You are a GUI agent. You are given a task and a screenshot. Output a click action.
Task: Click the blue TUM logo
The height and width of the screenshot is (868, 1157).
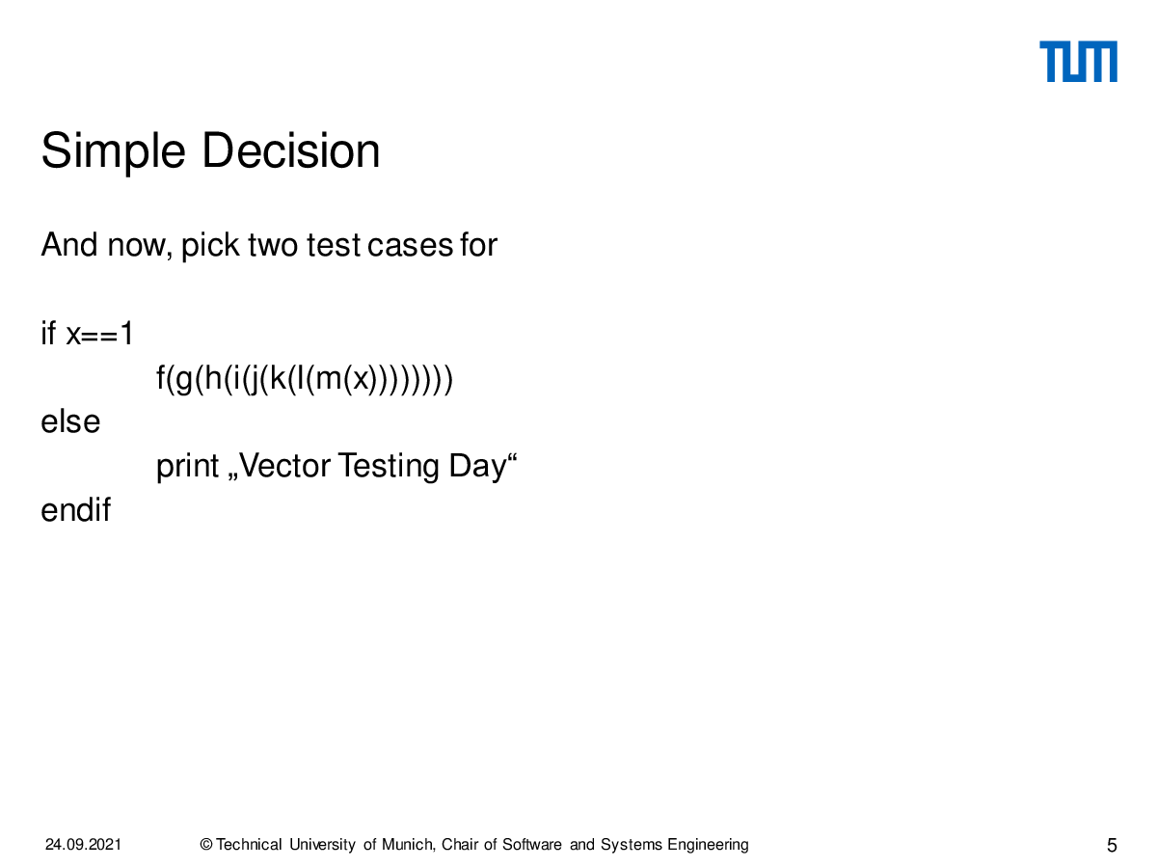pyautogui.click(x=1078, y=62)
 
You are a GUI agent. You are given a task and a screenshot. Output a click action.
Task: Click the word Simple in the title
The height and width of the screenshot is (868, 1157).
pyautogui.click(x=114, y=152)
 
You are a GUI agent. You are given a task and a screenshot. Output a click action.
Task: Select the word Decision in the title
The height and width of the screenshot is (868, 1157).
pyautogui.click(x=291, y=150)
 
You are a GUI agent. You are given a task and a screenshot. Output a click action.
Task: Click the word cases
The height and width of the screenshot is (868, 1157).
pyautogui.click(x=410, y=246)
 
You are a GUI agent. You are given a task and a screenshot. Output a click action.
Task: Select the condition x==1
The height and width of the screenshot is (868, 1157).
pyautogui.click(x=99, y=334)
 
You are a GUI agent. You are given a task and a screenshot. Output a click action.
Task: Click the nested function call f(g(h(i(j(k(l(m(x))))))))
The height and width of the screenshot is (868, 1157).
pyautogui.click(x=304, y=379)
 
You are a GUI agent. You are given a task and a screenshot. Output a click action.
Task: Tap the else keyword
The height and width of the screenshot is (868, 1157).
pyautogui.click(x=70, y=421)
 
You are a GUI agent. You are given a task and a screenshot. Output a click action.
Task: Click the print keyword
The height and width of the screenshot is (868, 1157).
pyautogui.click(x=188, y=467)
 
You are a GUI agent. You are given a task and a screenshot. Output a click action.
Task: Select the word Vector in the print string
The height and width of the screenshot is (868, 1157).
pyautogui.click(x=285, y=466)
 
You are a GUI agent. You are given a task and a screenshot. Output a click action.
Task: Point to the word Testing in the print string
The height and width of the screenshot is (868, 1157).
pyautogui.click(x=389, y=467)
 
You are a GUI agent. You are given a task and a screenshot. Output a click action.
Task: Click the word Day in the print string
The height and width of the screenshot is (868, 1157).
pyautogui.click(x=477, y=467)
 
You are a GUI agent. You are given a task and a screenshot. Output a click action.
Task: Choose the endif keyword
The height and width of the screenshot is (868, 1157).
pyautogui.click(x=76, y=509)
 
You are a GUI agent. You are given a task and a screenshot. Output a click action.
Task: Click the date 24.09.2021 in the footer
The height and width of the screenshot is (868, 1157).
pyautogui.click(x=83, y=845)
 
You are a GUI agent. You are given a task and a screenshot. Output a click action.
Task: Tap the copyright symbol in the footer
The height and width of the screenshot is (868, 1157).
pyautogui.click(x=206, y=845)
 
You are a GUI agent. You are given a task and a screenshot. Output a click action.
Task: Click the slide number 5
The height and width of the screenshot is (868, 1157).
pyautogui.click(x=1112, y=846)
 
